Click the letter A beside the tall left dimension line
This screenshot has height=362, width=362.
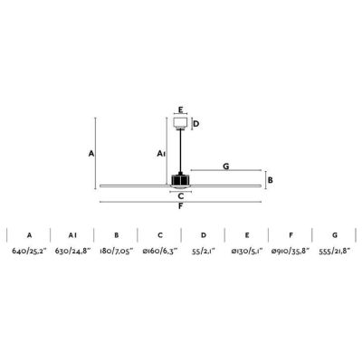tap(91, 154)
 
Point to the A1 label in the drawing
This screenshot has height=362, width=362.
tap(161, 154)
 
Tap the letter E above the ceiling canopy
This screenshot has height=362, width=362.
tap(180, 110)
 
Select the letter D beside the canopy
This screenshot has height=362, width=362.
tap(196, 124)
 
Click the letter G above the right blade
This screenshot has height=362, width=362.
tap(226, 166)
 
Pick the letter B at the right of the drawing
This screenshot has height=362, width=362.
tap(271, 180)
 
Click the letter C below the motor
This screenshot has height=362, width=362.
tap(181, 196)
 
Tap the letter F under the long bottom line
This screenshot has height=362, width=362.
tap(180, 206)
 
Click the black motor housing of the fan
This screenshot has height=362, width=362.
tap(180, 180)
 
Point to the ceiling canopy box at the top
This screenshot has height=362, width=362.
tap(180, 123)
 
